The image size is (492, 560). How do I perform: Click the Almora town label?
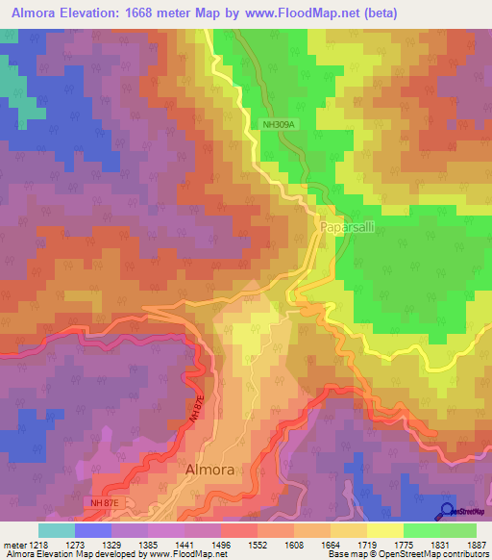click(x=209, y=469)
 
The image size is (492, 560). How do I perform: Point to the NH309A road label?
click(x=283, y=123)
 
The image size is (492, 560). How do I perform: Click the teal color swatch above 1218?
click(x=57, y=530)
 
